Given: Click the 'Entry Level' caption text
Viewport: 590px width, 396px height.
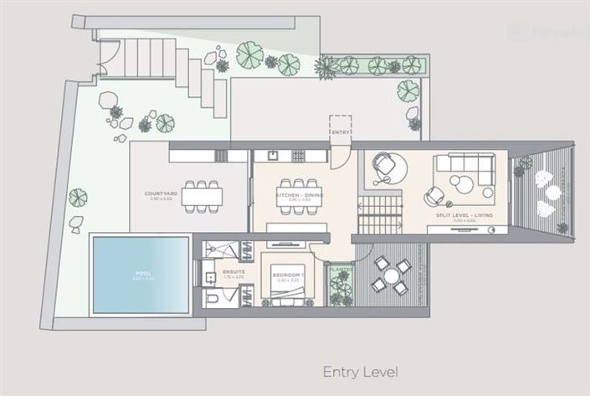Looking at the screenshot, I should coord(360,371).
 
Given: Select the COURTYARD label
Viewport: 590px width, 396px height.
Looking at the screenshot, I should coord(158,193).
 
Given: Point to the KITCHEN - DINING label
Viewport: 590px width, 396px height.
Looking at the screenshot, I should coord(294,195).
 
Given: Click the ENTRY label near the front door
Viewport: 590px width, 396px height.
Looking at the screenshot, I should coord(340,132).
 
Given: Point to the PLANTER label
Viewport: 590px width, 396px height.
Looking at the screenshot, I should coord(340,270).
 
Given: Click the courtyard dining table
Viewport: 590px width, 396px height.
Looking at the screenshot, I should coord(202,195).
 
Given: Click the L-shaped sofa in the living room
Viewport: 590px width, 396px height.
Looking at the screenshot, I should coord(466,170).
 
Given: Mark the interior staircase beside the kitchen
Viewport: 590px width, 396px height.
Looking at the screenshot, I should coord(381,213).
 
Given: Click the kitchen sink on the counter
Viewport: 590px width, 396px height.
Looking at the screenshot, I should coord(273,156).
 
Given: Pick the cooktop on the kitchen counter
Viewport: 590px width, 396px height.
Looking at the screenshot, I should coord(299,156).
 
